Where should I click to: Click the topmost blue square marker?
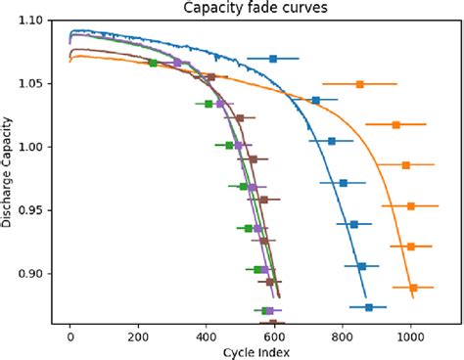coord(273,59)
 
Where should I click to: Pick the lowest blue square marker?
coord(369,307)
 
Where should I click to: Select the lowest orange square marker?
coord(413,288)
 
